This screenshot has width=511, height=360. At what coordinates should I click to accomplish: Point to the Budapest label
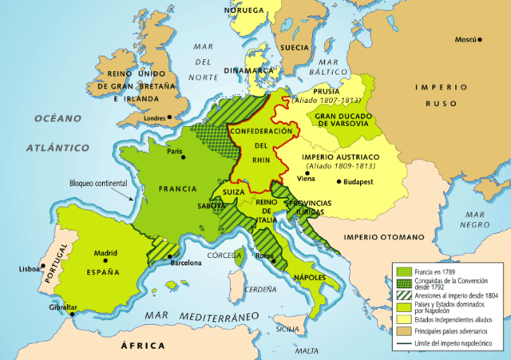[362, 183]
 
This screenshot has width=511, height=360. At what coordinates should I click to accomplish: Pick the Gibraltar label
[62, 307]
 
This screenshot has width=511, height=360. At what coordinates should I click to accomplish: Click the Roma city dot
[273, 261]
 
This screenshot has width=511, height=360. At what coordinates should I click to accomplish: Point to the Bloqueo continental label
[98, 182]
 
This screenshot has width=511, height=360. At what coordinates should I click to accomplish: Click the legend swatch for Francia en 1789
[402, 271]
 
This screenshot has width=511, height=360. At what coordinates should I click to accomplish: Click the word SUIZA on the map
[234, 192]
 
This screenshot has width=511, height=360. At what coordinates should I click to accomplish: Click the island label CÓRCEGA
[224, 255]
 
